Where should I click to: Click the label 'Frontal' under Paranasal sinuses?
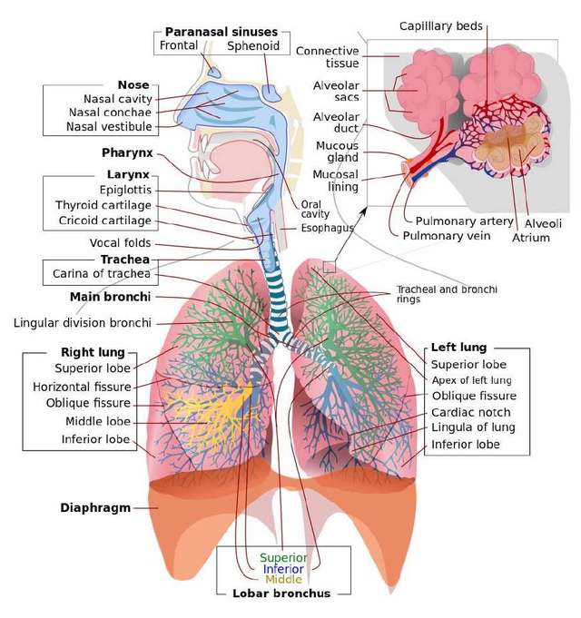point(179,45)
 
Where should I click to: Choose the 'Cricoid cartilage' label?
point(104,221)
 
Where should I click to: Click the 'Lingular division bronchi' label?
point(83,322)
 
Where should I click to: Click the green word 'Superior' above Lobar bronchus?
point(283,557)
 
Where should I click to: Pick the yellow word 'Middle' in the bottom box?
point(283,580)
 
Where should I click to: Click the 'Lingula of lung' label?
point(472,427)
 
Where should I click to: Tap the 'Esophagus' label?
point(328,228)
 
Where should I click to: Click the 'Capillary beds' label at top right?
point(441,26)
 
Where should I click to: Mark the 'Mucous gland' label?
point(337,152)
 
